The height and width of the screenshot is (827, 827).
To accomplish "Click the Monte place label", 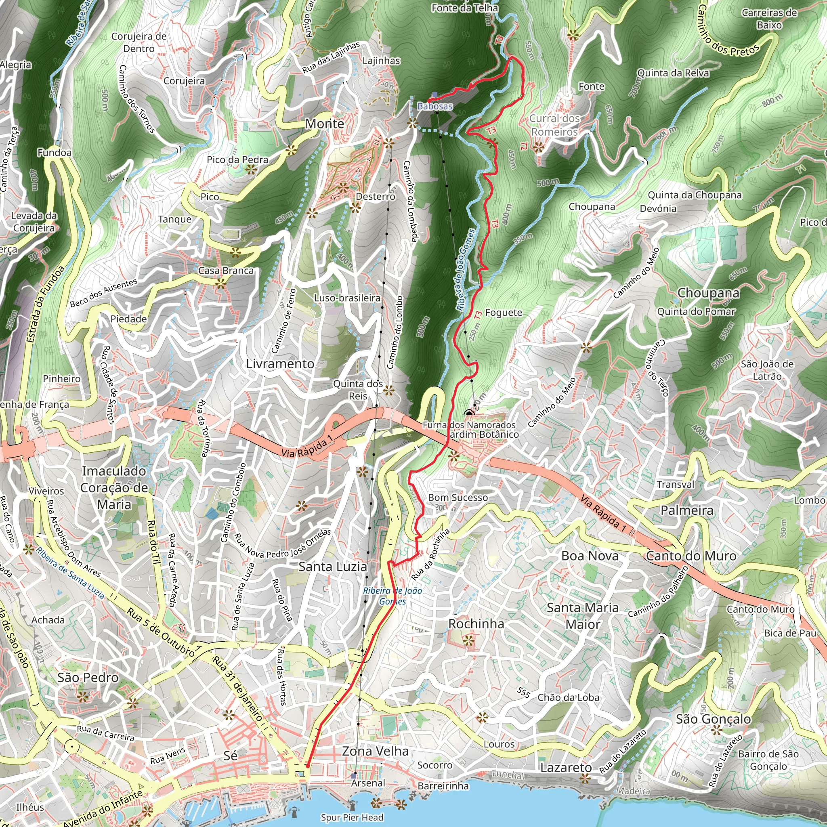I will (325, 124).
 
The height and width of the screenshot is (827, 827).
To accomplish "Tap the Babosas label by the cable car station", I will (435, 106).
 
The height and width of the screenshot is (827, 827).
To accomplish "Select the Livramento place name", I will (280, 364).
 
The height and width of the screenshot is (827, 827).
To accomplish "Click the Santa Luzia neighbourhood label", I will (333, 567).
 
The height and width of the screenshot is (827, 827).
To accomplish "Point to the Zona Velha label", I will (375, 751).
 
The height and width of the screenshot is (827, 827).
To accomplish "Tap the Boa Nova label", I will (590, 556).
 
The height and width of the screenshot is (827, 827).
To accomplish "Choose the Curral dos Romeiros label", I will (555, 125).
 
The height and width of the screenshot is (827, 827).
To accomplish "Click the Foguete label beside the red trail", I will (504, 313).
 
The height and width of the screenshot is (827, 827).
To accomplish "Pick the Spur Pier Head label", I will (352, 818).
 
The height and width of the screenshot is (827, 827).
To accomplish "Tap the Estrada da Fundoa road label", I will (45, 304).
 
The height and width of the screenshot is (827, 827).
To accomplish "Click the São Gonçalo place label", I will (713, 719).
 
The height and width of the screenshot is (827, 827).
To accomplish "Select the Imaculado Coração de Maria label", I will (114, 487).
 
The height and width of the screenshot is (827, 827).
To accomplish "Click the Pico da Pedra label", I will (237, 160).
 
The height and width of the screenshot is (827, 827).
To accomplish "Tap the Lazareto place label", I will (565, 768).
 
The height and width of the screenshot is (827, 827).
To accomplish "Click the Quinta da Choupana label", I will (694, 195).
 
